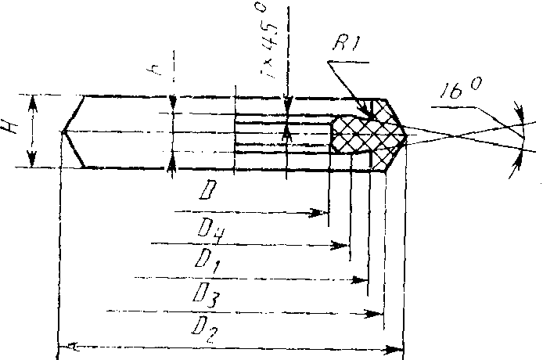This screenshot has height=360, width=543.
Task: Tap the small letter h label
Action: click(156, 71)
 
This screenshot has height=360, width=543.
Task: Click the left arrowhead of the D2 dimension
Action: click(67, 345)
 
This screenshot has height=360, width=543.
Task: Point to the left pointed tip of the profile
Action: click(61, 131)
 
